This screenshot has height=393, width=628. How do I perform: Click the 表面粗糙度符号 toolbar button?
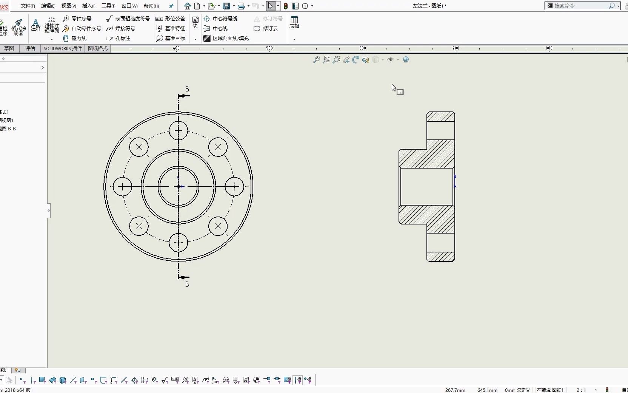pyautogui.click(x=128, y=19)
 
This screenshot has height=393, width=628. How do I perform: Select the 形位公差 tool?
pyautogui.click(x=171, y=19)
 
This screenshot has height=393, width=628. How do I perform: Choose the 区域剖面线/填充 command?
pyautogui.click(x=226, y=38)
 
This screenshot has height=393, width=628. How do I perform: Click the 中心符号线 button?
pyautogui.click(x=221, y=19)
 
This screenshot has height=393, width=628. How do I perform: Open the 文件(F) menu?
pyautogui.click(x=28, y=6)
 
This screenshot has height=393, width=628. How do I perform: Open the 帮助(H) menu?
pyautogui.click(x=151, y=6)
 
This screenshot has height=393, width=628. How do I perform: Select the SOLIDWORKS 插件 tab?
pyautogui.click(x=63, y=48)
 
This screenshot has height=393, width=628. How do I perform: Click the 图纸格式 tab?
pyautogui.click(x=98, y=48)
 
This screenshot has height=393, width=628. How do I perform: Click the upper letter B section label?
pyautogui.click(x=187, y=89)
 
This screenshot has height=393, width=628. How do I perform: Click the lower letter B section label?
pyautogui.click(x=187, y=284)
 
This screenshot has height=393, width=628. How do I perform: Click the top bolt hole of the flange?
pyautogui.click(x=179, y=131)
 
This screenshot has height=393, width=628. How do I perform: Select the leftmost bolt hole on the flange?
pyautogui.click(x=123, y=186)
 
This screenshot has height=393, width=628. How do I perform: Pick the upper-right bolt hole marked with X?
pyautogui.click(x=218, y=147)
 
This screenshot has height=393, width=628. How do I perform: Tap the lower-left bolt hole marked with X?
pyautogui.click(x=139, y=226)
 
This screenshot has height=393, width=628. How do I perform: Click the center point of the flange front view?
pyautogui.click(x=179, y=186)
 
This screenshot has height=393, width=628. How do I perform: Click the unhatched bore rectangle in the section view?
pyautogui.click(x=426, y=187)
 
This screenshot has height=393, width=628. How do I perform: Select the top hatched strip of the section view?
pyautogui.click(x=440, y=116)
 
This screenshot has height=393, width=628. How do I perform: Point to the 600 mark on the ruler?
pyautogui.click(x=362, y=48)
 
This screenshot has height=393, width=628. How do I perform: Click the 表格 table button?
pyautogui.click(x=294, y=22)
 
